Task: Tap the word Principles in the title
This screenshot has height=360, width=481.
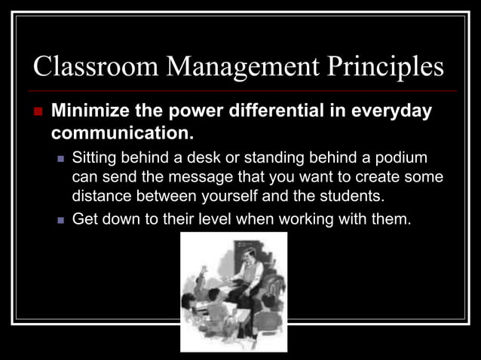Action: (x=384, y=67)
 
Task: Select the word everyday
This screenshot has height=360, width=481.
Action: (x=394, y=112)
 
